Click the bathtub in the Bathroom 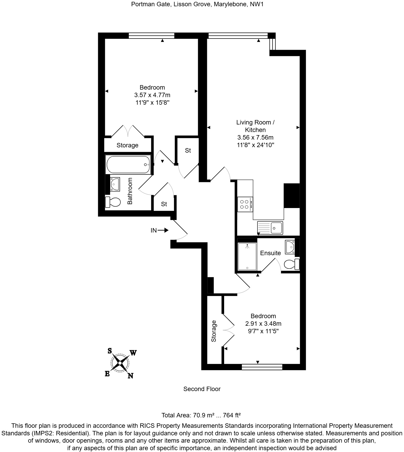(x=128, y=165)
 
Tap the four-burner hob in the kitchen (x=245, y=204)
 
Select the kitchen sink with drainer (x=270, y=228)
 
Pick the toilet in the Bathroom (x=113, y=202)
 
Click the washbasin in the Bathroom (x=115, y=184)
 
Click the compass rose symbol (x=120, y=363)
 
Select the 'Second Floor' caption (x=202, y=389)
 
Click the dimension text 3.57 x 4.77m (x=152, y=95)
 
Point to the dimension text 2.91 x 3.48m (x=263, y=324)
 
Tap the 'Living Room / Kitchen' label (x=255, y=126)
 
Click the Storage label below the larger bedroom (x=127, y=145)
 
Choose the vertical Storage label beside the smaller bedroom (x=214, y=331)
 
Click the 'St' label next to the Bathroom (x=164, y=204)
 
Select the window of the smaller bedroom (x=262, y=367)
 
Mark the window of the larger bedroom (x=151, y=36)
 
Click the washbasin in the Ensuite (x=289, y=247)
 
